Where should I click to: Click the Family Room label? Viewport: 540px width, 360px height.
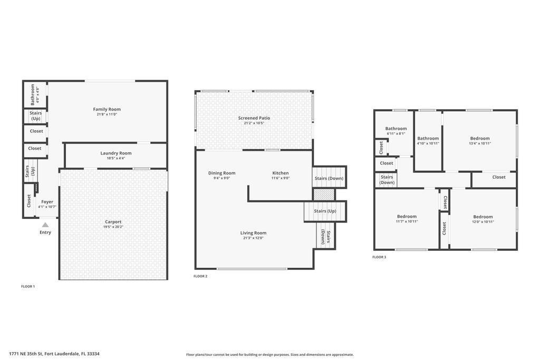(x=107, y=110)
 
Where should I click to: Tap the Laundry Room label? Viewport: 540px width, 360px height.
(x=116, y=153)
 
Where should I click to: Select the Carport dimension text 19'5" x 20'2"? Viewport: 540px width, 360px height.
(x=113, y=227)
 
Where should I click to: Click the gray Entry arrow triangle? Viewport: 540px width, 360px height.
(x=45, y=225)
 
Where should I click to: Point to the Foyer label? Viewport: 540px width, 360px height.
(x=47, y=202)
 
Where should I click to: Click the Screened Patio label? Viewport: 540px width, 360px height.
(x=254, y=118)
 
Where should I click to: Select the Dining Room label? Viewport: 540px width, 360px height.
(x=221, y=173)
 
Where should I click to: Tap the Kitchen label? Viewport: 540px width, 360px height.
(x=281, y=173)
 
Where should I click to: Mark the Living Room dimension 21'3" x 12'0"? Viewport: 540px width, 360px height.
(x=253, y=238)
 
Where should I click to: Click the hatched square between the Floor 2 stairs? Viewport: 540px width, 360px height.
(x=324, y=194)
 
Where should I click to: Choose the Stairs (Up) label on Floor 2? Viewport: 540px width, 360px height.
(x=325, y=211)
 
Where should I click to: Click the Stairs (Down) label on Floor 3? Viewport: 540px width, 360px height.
(x=387, y=180)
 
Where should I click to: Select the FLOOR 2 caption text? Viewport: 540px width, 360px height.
(x=200, y=276)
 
